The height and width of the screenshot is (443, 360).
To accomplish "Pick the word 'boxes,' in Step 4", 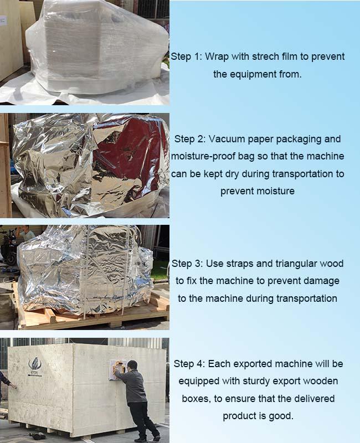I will click(199, 398).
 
